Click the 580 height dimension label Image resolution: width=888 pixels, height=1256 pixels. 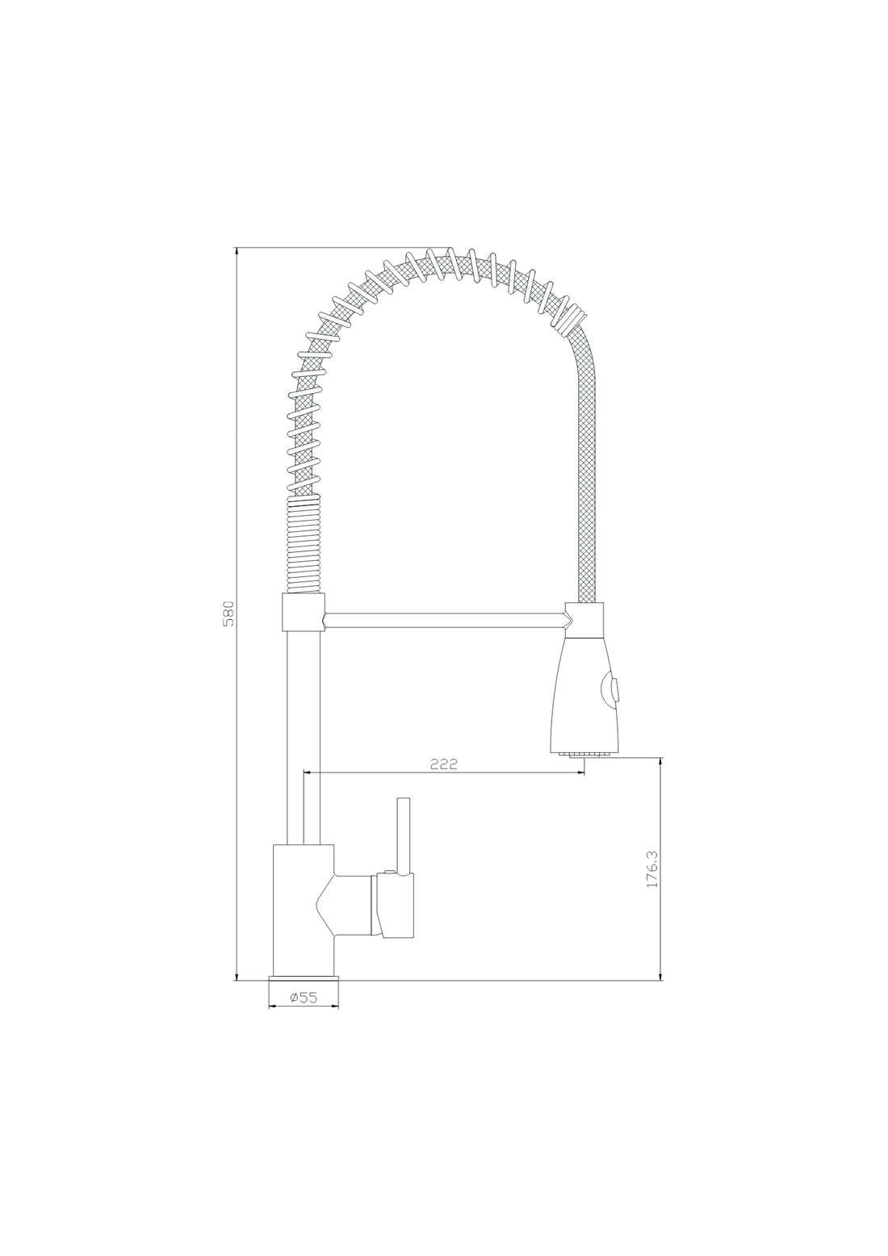pyautogui.click(x=228, y=613)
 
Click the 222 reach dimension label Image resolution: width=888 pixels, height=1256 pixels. pyautogui.click(x=443, y=764)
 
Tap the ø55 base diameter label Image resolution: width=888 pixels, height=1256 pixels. pyautogui.click(x=302, y=998)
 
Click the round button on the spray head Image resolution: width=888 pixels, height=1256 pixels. pyautogui.click(x=612, y=690)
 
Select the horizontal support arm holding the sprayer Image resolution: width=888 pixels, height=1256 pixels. pyautogui.click(x=444, y=620)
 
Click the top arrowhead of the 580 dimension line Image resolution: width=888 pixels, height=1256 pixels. pyautogui.click(x=237, y=253)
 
